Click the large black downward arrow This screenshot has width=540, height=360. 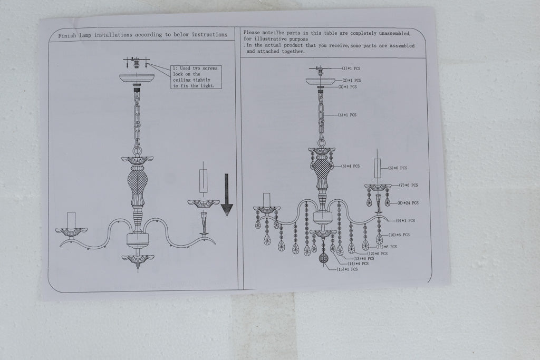tap(227, 195)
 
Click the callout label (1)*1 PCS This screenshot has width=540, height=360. tap(351, 69)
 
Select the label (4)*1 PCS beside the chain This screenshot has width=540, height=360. tap(347, 115)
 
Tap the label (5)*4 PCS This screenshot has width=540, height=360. tap(350, 166)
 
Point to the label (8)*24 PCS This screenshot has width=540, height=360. tap(408, 203)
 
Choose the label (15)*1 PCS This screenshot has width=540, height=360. tap(347, 269)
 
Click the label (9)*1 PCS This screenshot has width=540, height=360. tap(406, 221)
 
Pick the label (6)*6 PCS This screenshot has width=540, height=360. tap(398, 168)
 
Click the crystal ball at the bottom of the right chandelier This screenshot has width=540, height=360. tap(323, 258)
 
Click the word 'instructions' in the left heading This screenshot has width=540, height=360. tap(210, 34)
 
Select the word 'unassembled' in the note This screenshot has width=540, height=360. tap(394, 33)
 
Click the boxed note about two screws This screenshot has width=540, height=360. tap(196, 77)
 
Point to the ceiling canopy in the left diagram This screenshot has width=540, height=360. tap(137, 79)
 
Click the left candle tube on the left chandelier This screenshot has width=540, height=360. tap(71, 220)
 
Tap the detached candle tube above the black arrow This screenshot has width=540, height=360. tap(204, 181)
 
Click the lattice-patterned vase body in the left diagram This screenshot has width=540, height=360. tap(138, 180)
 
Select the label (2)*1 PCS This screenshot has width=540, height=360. tap(352, 81)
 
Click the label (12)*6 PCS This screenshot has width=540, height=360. tap(378, 254)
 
